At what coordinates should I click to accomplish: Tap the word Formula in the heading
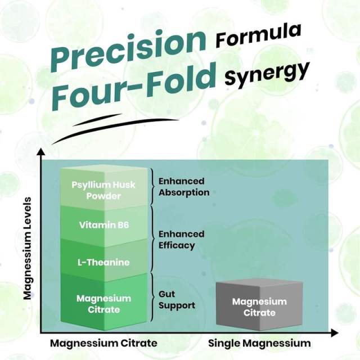point(258,35)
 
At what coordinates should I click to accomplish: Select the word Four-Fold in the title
point(134,88)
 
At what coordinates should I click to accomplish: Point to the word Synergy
point(267,74)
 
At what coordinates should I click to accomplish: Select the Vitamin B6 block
point(103,225)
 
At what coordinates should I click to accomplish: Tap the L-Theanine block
point(103,262)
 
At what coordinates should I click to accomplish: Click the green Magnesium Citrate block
point(103,303)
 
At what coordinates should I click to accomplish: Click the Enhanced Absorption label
point(184,187)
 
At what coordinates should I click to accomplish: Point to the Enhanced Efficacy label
point(181,240)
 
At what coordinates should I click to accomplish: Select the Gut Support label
point(177,300)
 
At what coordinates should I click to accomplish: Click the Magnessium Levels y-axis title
point(28,249)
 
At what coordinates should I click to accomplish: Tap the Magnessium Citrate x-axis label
point(103,343)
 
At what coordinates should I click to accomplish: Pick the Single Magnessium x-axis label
point(259,343)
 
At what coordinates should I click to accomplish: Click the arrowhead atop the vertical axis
point(41,152)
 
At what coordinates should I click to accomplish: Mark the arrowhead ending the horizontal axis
point(335,333)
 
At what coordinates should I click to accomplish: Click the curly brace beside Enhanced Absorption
point(152,186)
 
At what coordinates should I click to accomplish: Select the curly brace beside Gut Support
point(152,298)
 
